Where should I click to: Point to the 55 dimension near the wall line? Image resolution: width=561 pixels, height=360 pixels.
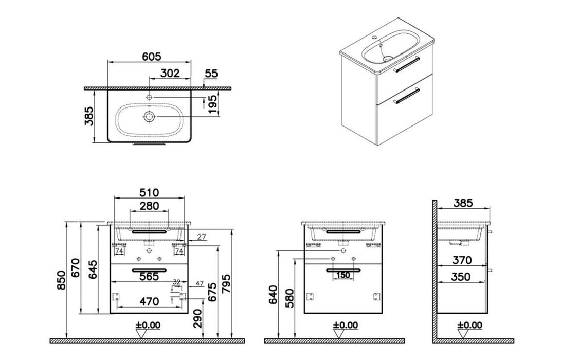pyautogui.click(x=211, y=74)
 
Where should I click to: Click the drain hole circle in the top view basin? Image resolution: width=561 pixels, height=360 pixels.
pyautogui.click(x=149, y=117)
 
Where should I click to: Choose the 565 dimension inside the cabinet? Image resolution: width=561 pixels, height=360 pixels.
pyautogui.click(x=149, y=276)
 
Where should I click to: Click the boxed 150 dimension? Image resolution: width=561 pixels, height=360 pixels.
pyautogui.click(x=343, y=275)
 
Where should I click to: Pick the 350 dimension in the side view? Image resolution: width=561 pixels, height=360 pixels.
pyautogui.click(x=462, y=276)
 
